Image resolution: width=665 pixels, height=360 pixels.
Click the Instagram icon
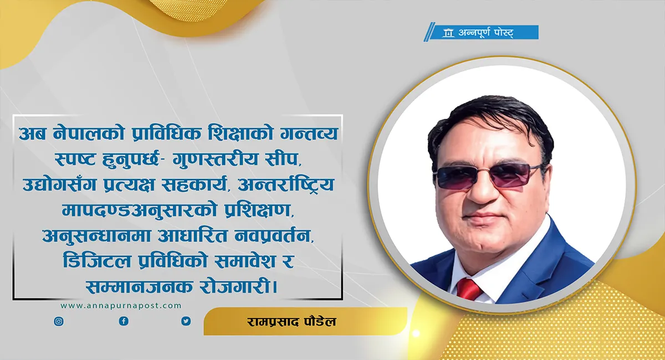click(59, 321)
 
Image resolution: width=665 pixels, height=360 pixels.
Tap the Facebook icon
click(124, 321)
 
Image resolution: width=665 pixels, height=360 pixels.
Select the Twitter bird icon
click(186, 321)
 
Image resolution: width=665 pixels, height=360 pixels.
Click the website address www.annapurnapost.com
click(121, 306)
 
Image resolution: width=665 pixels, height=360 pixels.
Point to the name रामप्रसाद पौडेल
click(291, 321)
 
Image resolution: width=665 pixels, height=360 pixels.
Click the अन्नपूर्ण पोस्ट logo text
click(485, 32)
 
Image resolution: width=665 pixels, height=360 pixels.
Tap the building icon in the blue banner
click(448, 33)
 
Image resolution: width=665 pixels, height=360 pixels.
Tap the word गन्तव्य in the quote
click(309, 133)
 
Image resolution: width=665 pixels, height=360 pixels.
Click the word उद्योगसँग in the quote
click(59, 184)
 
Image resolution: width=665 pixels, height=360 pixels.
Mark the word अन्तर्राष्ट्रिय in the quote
click(286, 184)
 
